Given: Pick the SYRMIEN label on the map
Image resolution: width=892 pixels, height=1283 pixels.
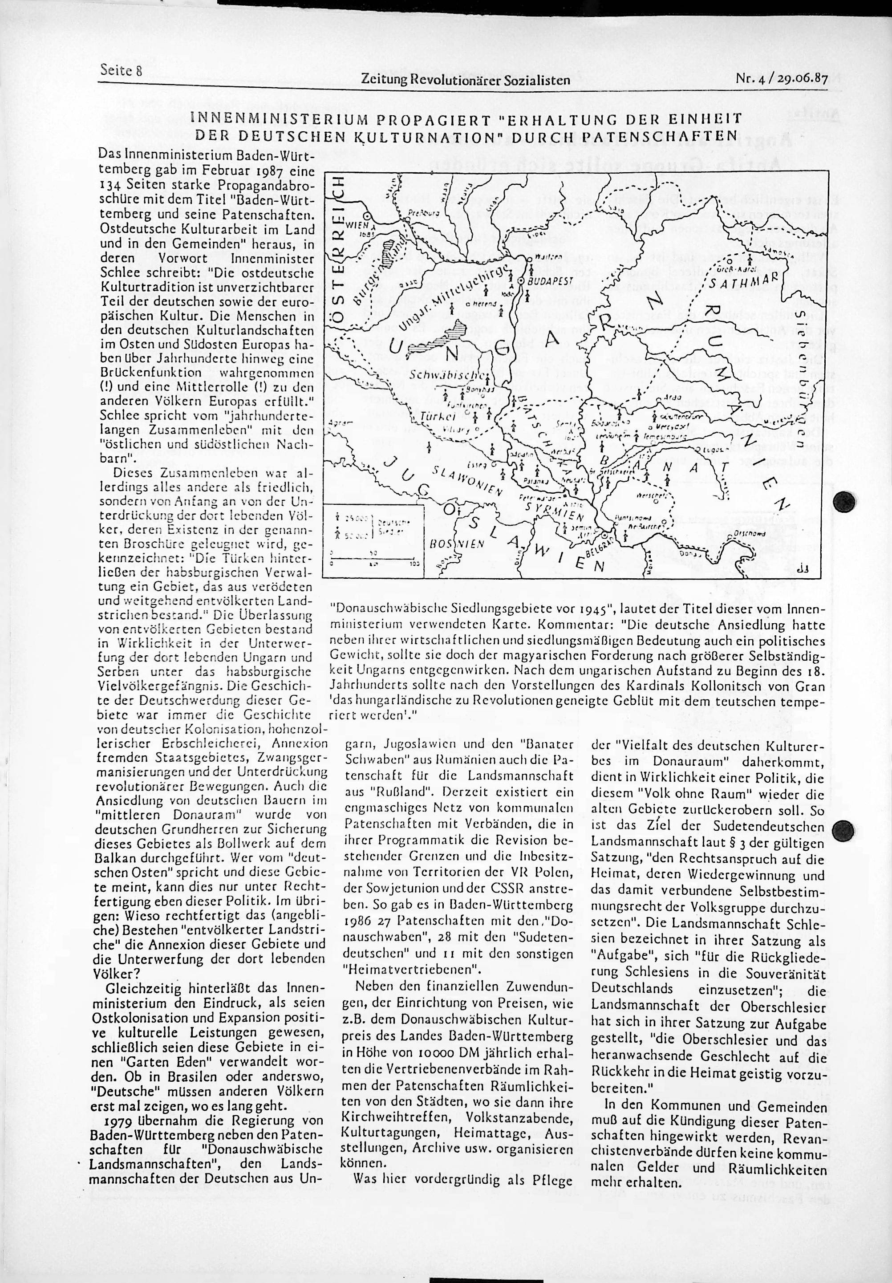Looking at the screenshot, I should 554,510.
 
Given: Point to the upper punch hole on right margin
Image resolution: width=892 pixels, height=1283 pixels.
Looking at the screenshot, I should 843,501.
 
